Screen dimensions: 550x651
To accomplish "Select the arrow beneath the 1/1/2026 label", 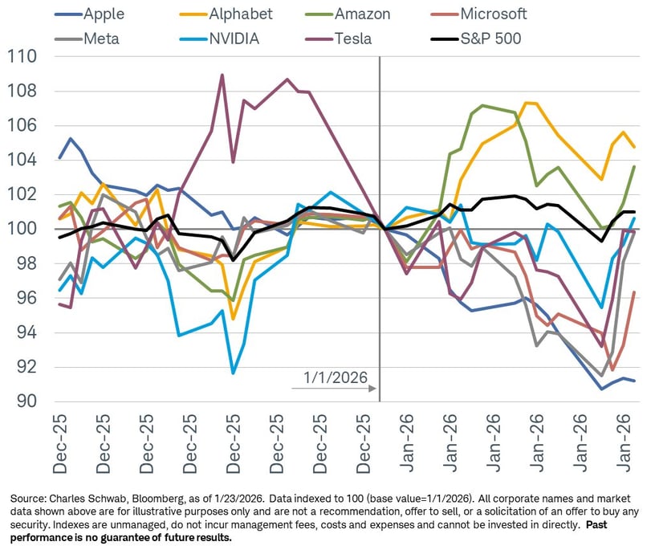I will (x=334, y=389).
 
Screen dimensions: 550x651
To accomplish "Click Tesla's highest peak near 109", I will (x=222, y=75).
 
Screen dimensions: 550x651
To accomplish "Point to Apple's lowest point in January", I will (x=601, y=389).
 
